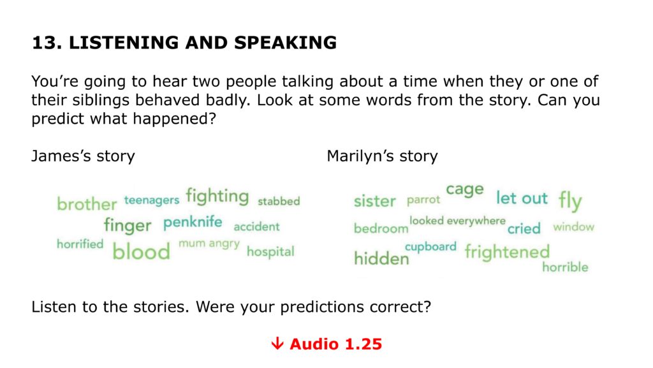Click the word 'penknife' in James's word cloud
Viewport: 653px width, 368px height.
tap(193, 223)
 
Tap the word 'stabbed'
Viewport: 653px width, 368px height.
tap(279, 201)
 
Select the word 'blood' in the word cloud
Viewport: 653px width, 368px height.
tap(141, 251)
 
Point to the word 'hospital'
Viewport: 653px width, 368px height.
tap(270, 251)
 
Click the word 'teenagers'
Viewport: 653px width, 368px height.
tap(152, 200)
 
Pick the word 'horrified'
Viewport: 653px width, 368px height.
tap(80, 244)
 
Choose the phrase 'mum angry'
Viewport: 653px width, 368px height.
tap(209, 244)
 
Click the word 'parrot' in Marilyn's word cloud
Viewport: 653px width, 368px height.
tap(423, 200)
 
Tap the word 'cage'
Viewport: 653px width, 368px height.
tap(465, 190)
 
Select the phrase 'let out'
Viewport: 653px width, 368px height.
tap(522, 198)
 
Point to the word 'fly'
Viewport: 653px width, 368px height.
tap(570, 201)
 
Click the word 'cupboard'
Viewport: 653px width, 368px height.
tap(430, 247)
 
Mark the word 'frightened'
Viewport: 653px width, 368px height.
tap(507, 252)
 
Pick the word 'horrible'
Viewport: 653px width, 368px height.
tap(565, 267)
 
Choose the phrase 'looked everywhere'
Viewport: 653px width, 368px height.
tap(457, 221)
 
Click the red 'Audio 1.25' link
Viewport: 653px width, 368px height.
tap(335, 344)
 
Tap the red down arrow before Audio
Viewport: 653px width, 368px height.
tap(277, 343)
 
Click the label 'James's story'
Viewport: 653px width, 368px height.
tap(84, 156)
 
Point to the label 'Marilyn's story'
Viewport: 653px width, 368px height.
tap(383, 156)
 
